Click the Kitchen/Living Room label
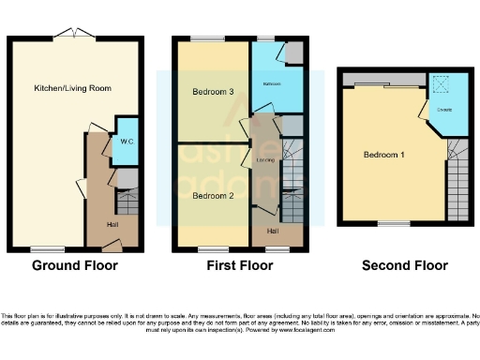click(72, 88)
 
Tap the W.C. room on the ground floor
click(126, 141)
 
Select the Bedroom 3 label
click(211, 91)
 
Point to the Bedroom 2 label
click(211, 196)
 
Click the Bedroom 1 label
click(382, 155)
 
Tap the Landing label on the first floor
click(265, 160)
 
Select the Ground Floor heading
click(75, 266)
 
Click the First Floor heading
click(240, 266)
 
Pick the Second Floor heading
click(404, 266)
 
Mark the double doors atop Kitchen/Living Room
click(71, 35)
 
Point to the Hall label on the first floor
click(273, 230)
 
